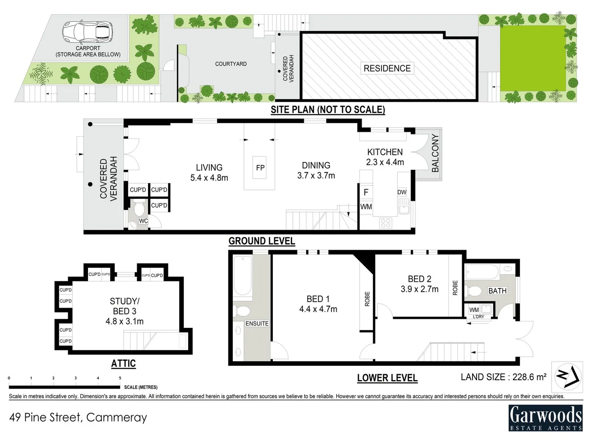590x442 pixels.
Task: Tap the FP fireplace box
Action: click(x=260, y=168)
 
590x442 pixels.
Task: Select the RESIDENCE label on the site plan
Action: click(x=387, y=68)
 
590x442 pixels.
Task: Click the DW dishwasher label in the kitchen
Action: click(x=401, y=192)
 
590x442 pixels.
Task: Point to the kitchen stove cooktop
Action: click(x=386, y=223)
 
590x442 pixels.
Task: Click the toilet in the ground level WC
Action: click(x=139, y=208)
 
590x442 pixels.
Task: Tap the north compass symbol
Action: click(x=567, y=377)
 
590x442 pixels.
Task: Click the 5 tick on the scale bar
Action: click(x=120, y=378)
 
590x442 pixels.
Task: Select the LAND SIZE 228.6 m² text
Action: click(x=503, y=377)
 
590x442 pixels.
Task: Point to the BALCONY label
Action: click(x=435, y=153)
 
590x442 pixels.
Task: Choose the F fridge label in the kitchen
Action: click(x=366, y=192)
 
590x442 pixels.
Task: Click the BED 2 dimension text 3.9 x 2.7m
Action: click(x=419, y=289)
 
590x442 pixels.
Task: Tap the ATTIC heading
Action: click(x=124, y=363)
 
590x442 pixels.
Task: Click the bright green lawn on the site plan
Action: click(x=533, y=58)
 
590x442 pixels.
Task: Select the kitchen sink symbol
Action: click(x=404, y=206)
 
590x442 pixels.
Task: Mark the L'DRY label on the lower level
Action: click(x=478, y=317)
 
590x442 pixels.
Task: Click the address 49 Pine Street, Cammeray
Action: click(x=78, y=417)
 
